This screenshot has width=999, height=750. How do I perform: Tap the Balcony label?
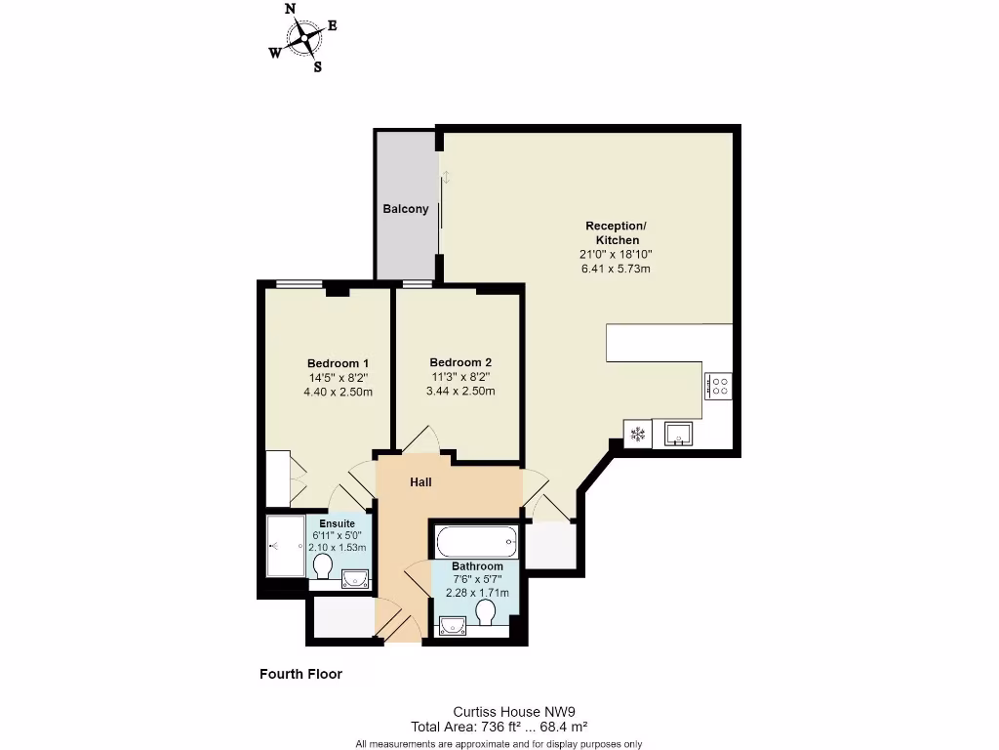click(x=405, y=209)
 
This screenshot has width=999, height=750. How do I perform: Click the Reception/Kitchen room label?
click(x=615, y=232)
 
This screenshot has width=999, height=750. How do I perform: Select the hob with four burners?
click(x=719, y=386)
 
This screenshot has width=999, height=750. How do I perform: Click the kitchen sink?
click(x=678, y=432)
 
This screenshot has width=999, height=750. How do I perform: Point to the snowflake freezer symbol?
click(x=639, y=434)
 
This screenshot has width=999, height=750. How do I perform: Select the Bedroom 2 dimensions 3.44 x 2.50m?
click(x=460, y=392)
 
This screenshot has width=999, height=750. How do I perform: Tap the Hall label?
click(x=420, y=481)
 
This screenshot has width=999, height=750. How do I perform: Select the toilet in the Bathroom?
click(x=486, y=612)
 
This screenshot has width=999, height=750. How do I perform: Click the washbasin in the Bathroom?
click(x=452, y=625)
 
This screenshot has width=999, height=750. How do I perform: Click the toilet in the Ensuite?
click(x=324, y=566)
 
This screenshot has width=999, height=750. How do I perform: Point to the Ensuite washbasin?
click(x=355, y=578)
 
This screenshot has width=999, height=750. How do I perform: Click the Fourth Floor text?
click(x=300, y=674)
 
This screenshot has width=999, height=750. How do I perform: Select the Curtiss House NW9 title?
click(x=499, y=712)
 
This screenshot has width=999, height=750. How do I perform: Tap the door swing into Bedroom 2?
click(x=421, y=439)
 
